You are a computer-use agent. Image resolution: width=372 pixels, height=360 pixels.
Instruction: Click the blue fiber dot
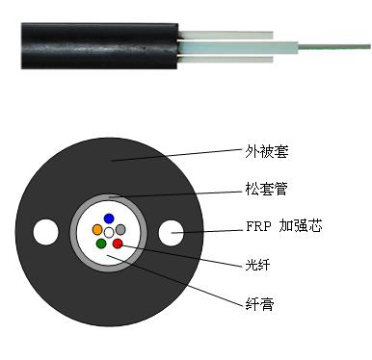point(109,218)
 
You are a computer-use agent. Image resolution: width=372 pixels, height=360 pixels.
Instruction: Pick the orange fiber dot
point(97,230)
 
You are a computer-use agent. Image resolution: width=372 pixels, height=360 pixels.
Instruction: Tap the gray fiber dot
point(121,230)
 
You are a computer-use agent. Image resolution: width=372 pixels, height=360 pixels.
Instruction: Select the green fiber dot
point(101,244)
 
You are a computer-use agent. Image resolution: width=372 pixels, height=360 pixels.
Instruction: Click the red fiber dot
point(118,244)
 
